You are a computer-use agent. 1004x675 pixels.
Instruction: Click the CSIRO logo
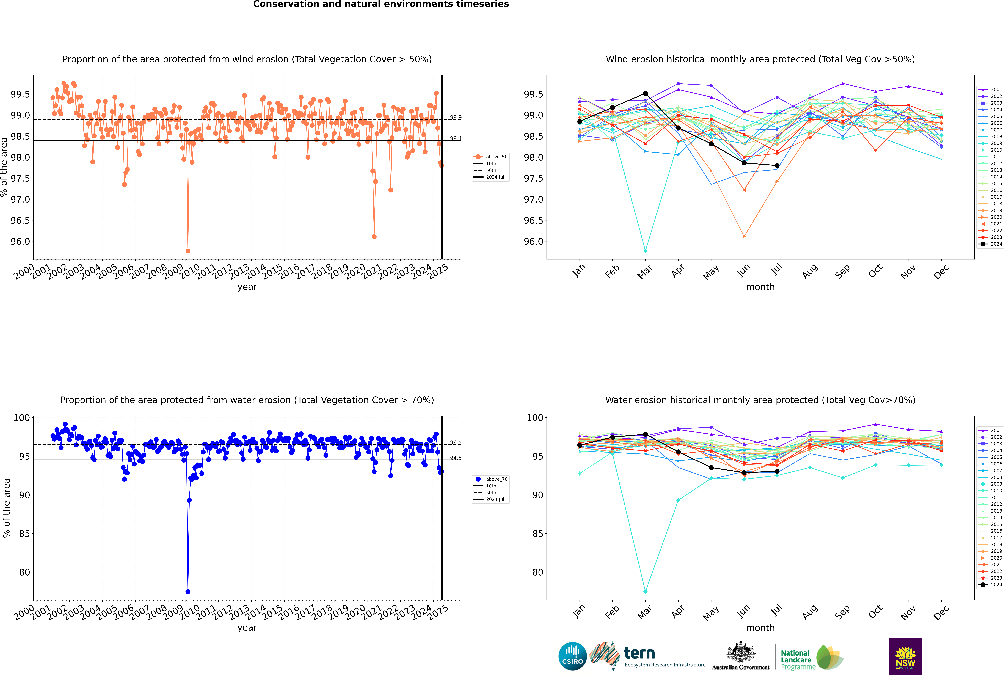(572, 656)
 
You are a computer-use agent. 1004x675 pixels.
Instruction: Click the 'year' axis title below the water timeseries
(247, 628)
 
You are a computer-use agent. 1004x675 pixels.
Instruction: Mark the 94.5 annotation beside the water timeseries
(455, 458)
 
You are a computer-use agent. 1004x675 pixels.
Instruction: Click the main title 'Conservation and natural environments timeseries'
(381, 4)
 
